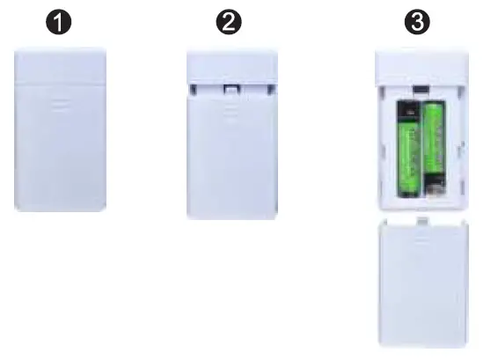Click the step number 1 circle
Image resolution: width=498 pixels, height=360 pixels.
59,24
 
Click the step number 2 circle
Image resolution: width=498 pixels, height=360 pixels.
232,24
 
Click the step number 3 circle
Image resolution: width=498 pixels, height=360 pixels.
420,24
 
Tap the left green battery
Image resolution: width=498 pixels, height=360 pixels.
408,150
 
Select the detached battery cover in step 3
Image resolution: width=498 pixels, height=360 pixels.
421,284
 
